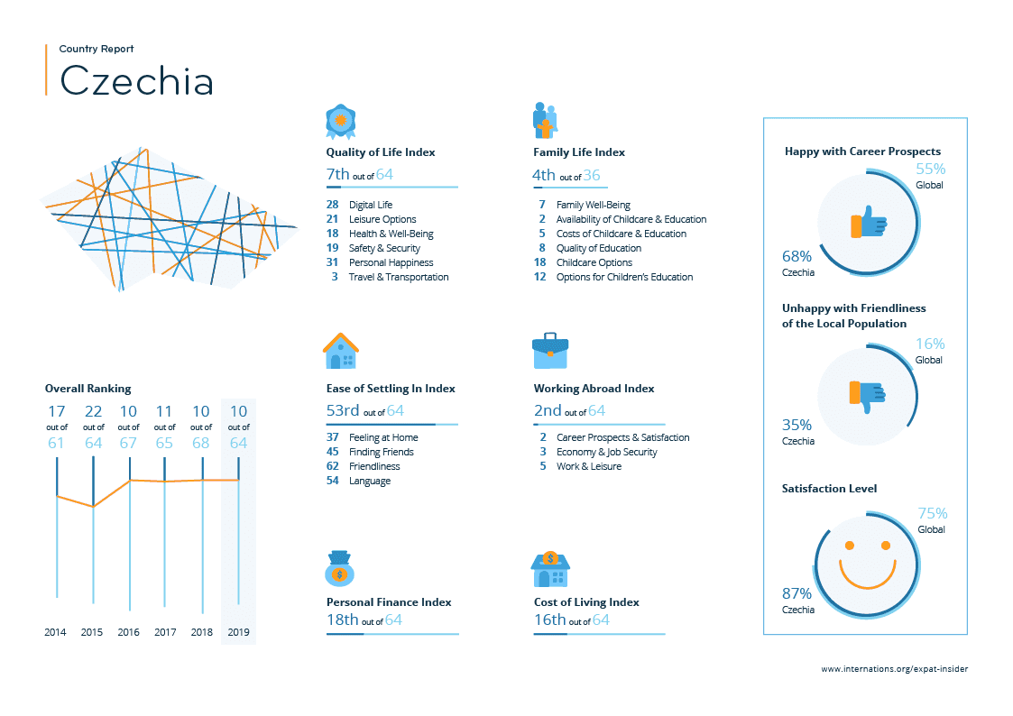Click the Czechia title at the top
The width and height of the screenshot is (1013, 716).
tap(137, 80)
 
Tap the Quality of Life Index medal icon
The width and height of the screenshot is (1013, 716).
tap(340, 120)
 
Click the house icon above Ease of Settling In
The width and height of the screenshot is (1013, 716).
tap(340, 351)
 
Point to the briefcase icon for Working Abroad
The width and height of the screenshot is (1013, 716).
tap(550, 351)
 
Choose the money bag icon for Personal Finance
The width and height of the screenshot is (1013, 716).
tap(339, 568)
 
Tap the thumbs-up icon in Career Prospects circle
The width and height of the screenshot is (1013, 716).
tap(867, 222)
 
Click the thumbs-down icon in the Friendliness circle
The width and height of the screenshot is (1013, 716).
tap(867, 395)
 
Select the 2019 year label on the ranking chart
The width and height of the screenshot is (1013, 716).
tap(238, 632)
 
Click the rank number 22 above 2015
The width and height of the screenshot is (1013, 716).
tap(93, 412)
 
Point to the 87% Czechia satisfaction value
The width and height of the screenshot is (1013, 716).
tap(797, 593)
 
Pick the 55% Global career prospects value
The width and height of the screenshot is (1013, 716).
tap(930, 170)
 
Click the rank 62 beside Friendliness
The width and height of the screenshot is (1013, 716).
tap(332, 466)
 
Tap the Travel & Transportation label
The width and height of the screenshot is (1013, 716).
tap(399, 277)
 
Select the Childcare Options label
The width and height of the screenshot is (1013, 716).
tap(594, 262)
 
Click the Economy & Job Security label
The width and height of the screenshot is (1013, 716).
tap(606, 452)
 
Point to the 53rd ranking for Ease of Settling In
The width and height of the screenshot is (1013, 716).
tap(343, 411)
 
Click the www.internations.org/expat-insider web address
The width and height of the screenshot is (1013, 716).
tap(894, 669)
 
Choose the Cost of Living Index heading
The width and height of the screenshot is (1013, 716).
tap(586, 602)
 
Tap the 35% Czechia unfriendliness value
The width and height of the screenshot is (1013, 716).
tap(797, 425)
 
